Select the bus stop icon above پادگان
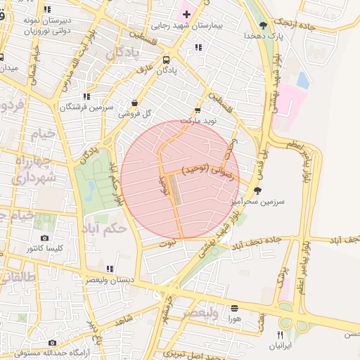(x=166, y=60)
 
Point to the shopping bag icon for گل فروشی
(x=134, y=103)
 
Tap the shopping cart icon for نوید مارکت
(x=198, y=110)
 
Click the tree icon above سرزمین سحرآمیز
(x=257, y=191)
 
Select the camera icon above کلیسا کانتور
(x=45, y=238)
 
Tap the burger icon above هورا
(x=234, y=308)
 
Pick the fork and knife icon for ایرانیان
(x=281, y=335)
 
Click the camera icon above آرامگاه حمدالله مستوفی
(x=32, y=342)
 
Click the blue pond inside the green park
(x=90, y=188)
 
